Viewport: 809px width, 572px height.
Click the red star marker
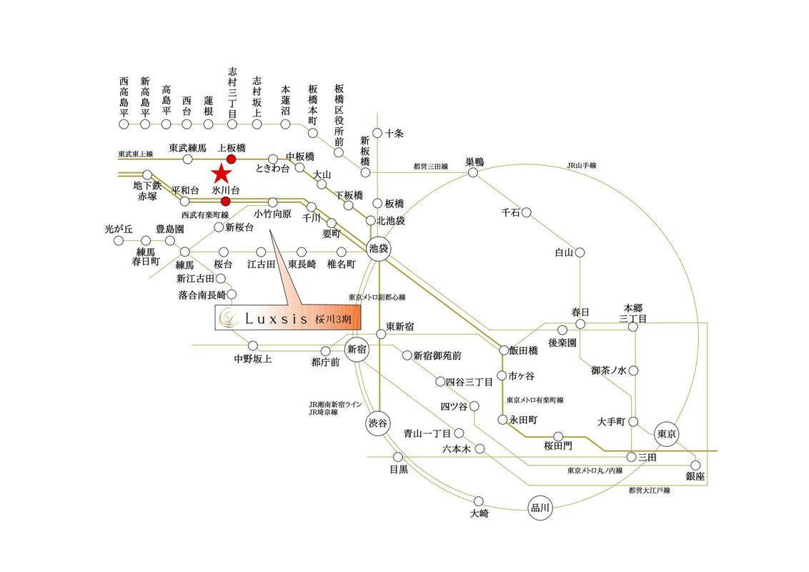click(x=222, y=174)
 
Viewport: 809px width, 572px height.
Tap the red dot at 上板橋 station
click(x=231, y=159)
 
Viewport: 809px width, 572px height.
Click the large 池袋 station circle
click(x=379, y=249)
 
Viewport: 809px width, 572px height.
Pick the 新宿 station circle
click(x=357, y=350)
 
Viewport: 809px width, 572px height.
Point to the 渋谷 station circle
click(x=377, y=424)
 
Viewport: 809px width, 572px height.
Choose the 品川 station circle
click(x=540, y=508)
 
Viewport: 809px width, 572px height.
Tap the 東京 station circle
click(x=667, y=433)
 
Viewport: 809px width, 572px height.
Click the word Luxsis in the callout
click(x=276, y=319)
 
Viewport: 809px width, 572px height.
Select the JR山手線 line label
click(x=582, y=166)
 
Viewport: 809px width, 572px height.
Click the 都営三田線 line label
click(x=431, y=167)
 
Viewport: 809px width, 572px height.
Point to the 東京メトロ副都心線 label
click(x=377, y=297)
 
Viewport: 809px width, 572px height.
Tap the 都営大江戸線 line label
click(x=649, y=490)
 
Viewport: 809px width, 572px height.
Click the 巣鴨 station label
click(x=475, y=162)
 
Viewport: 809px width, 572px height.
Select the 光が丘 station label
click(x=119, y=229)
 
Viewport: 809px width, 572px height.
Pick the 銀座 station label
click(x=695, y=476)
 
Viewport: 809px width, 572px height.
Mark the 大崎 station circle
click(x=479, y=501)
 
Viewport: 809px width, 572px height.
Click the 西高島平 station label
click(x=124, y=97)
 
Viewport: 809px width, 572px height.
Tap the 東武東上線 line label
click(x=136, y=154)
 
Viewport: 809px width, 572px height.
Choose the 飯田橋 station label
click(x=524, y=350)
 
